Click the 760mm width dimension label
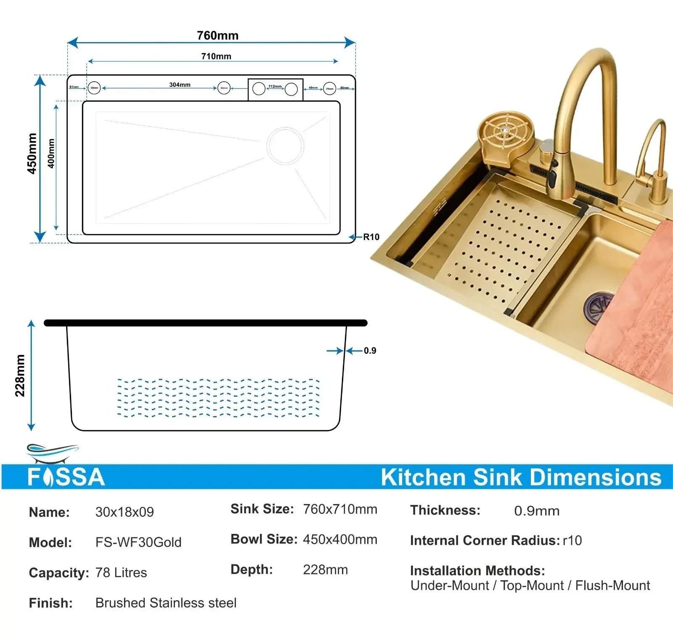pyautogui.click(x=217, y=35)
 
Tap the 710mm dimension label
pyautogui.click(x=216, y=56)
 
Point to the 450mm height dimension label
pyautogui.click(x=32, y=153)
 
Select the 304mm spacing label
pyautogui.click(x=180, y=85)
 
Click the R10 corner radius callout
pyautogui.click(x=371, y=237)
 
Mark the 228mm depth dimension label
pyautogui.click(x=20, y=376)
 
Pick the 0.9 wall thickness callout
pyautogui.click(x=370, y=351)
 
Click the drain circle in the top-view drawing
pyautogui.click(x=285, y=146)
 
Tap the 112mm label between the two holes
pyautogui.click(x=275, y=86)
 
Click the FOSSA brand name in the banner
pyautogui.click(x=66, y=477)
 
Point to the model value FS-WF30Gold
pyautogui.click(x=138, y=542)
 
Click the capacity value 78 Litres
pyautogui.click(x=121, y=573)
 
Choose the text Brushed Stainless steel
pyautogui.click(x=166, y=603)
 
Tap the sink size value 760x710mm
pyautogui.click(x=340, y=509)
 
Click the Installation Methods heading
pyautogui.click(x=477, y=571)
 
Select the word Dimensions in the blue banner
pyautogui.click(x=595, y=478)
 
